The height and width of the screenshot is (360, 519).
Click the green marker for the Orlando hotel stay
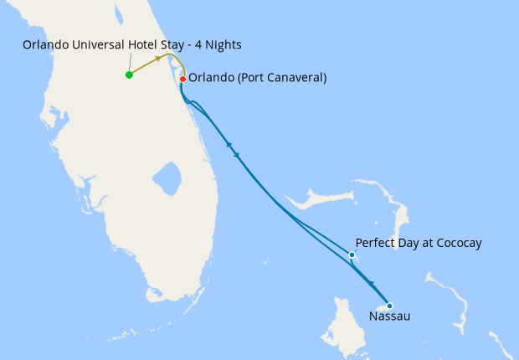[129, 75]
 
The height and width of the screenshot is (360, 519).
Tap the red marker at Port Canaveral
[182, 79]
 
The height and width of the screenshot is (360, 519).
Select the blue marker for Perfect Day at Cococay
[352, 255]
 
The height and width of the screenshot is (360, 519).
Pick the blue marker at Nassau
[389, 306]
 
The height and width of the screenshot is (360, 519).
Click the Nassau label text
[389, 317]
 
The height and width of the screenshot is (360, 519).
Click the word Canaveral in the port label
[291, 78]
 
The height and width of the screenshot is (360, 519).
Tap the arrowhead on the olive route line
[157, 60]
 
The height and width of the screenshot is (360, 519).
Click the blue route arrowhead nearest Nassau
[371, 285]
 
